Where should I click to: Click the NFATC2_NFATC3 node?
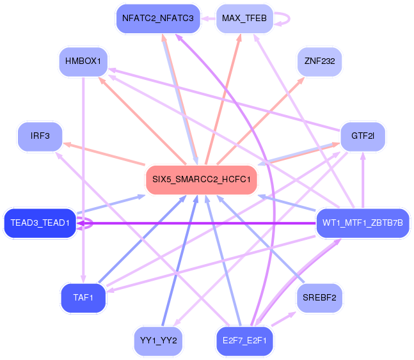point(158,19)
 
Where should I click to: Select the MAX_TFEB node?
point(244,19)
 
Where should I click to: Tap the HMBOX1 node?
point(83,61)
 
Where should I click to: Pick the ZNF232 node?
point(319,61)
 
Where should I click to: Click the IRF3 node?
point(40,136)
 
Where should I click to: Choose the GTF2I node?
point(363,136)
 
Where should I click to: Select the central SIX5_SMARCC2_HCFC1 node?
point(201,180)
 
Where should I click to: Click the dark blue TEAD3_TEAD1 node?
point(40,223)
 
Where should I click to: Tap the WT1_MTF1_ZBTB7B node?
point(363,223)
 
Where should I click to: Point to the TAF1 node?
point(83,298)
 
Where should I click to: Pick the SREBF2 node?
point(319,298)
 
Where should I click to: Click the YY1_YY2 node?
point(158,341)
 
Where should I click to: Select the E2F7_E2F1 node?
point(244,341)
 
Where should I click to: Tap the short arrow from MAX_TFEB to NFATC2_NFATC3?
point(209,19)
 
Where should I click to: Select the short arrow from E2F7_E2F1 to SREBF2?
point(283,319)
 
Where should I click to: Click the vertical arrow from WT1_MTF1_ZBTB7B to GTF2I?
point(363,180)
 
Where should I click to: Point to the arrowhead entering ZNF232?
point(301,80)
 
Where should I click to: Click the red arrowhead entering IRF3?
point(67,145)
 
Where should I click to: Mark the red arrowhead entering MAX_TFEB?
point(239,38)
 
